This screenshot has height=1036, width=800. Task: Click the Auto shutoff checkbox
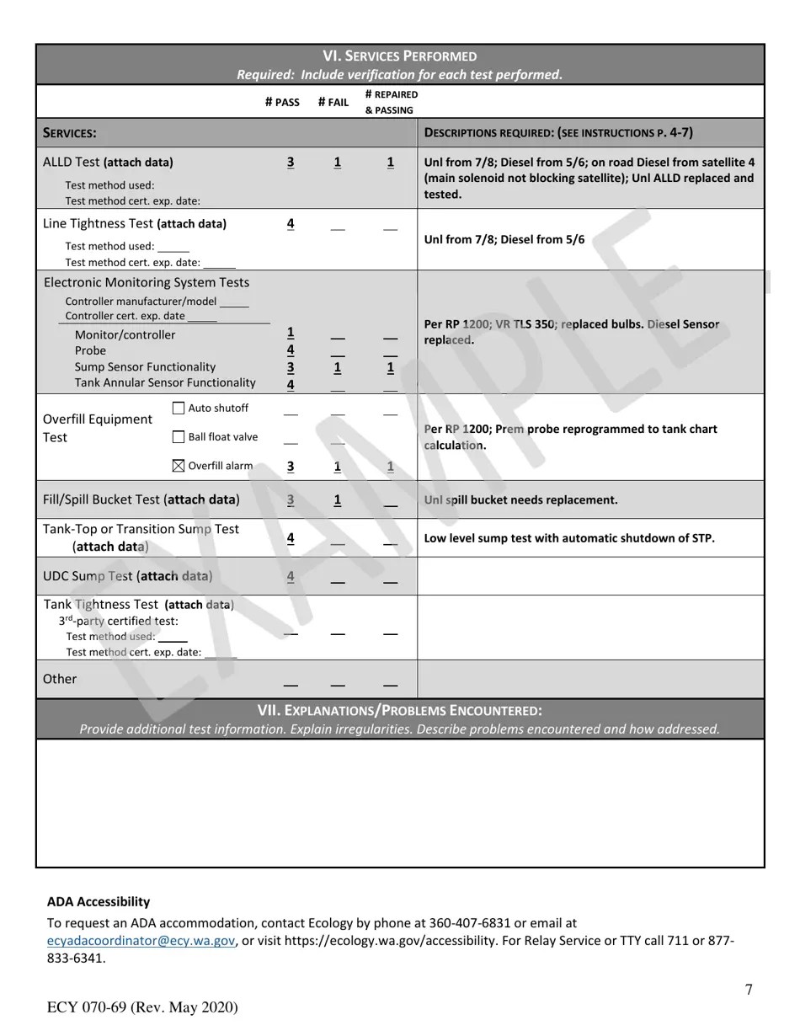coord(179,409)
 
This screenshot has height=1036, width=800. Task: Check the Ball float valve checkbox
coord(179,437)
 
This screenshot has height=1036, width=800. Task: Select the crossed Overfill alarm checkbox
coord(179,466)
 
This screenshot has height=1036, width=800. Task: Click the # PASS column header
coord(282,103)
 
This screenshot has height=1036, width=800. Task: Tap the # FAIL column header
coord(333,103)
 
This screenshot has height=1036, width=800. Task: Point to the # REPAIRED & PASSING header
coord(391,102)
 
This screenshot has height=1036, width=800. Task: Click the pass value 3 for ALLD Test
coord(291,163)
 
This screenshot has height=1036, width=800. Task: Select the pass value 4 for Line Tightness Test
coord(291,224)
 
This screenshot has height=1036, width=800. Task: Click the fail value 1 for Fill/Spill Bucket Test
coord(338,500)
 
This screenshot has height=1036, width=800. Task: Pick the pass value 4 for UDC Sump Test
coord(291,577)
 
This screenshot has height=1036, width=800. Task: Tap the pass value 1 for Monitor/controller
coord(291,333)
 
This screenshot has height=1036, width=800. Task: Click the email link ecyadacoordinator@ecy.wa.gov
coord(141,941)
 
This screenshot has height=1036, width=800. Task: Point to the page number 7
coord(749,990)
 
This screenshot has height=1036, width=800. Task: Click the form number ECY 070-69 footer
coord(142,1008)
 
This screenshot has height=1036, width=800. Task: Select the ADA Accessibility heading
coord(99,902)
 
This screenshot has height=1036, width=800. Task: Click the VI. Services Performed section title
coord(400,56)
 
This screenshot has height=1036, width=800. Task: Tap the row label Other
coord(60,679)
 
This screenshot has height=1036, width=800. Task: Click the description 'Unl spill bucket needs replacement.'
coord(520,500)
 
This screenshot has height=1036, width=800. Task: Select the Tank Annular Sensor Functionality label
coord(165,383)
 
